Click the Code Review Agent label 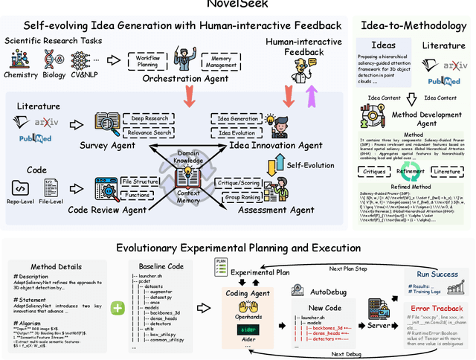(x=108, y=210)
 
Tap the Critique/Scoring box (x=237, y=182)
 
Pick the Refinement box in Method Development (x=411, y=170)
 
